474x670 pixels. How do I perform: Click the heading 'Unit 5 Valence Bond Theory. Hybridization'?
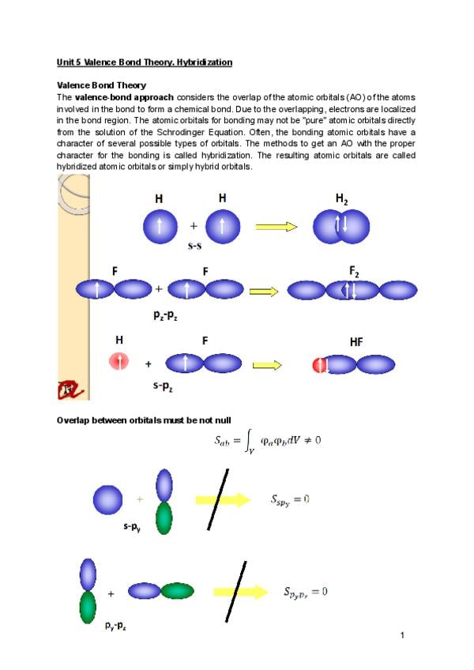tap(144, 62)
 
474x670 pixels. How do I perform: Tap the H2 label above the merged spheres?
tap(341, 200)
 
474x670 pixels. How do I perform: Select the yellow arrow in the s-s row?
tap(276, 227)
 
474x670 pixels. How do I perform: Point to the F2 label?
tap(354, 271)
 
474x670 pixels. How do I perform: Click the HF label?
tap(356, 342)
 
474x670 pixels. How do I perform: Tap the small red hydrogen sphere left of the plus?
tap(118, 363)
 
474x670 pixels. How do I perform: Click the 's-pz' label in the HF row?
tap(166, 387)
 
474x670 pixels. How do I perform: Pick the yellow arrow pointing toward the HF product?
tap(267, 365)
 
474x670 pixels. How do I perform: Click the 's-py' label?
tap(132, 526)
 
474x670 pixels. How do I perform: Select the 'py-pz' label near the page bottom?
tap(116, 625)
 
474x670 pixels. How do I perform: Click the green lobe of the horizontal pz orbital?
tap(178, 591)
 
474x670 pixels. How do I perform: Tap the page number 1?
tap(402, 634)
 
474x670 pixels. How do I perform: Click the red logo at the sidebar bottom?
tap(69, 388)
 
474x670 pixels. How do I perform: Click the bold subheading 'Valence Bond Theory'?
tap(101, 85)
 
